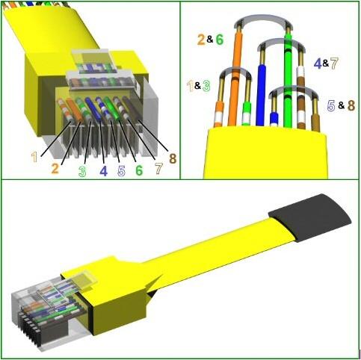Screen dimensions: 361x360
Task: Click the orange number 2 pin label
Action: pyautogui.click(x=55, y=168)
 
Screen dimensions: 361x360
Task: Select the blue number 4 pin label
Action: pyautogui.click(x=104, y=171)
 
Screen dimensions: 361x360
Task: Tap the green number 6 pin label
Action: pyautogui.click(x=139, y=170)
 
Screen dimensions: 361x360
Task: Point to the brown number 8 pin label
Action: pyautogui.click(x=173, y=158)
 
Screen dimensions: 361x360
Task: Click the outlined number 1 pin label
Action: pyautogui.click(x=34, y=157)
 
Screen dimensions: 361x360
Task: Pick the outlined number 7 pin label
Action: pyautogui.click(x=158, y=169)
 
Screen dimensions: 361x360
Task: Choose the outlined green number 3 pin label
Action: pyautogui.click(x=82, y=171)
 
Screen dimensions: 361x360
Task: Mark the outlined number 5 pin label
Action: pyautogui.click(x=121, y=171)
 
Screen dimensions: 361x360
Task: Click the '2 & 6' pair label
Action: pyautogui.click(x=211, y=40)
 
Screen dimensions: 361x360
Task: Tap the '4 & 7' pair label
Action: pyautogui.click(x=326, y=63)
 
